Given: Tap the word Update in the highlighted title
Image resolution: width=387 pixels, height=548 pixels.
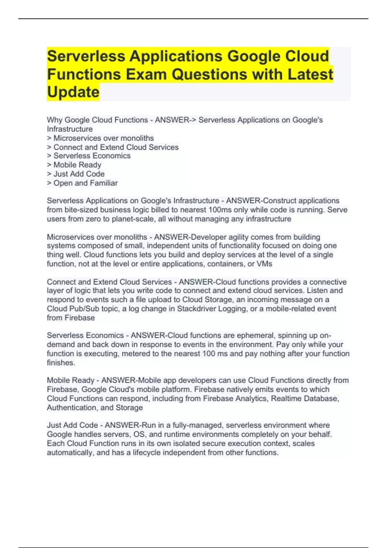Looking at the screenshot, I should (73, 92).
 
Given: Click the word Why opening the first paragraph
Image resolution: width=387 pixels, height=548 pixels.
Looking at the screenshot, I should (55, 120).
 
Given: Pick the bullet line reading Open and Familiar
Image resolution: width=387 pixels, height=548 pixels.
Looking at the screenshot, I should (82, 183).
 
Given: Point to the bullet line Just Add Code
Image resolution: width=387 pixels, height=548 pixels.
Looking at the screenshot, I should (76, 174).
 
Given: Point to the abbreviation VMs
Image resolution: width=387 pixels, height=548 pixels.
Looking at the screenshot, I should (264, 264).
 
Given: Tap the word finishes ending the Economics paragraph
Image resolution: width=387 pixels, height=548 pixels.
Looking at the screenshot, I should (61, 363).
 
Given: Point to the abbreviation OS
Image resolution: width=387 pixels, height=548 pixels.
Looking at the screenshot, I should (139, 435).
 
